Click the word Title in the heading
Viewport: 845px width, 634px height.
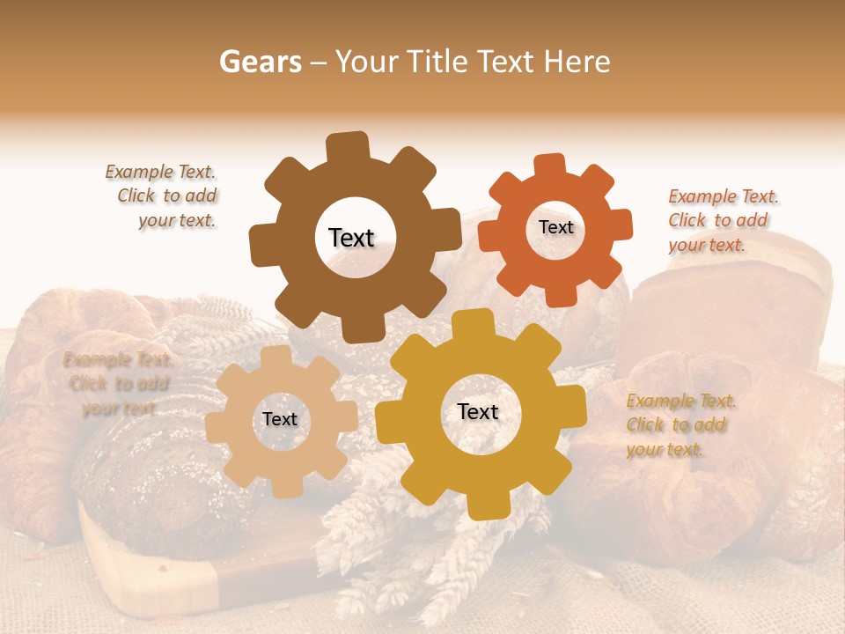pos(437,62)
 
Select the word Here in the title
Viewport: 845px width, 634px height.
pos(577,62)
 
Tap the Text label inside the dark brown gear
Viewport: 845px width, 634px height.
pos(351,238)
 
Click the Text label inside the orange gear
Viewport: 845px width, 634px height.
pos(555,227)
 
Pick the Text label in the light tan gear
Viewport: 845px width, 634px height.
pos(280,420)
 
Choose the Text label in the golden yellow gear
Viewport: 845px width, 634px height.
pos(478,412)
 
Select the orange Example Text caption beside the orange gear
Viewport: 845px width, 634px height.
pos(723,220)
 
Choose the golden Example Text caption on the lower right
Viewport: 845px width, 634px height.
pos(680,425)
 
